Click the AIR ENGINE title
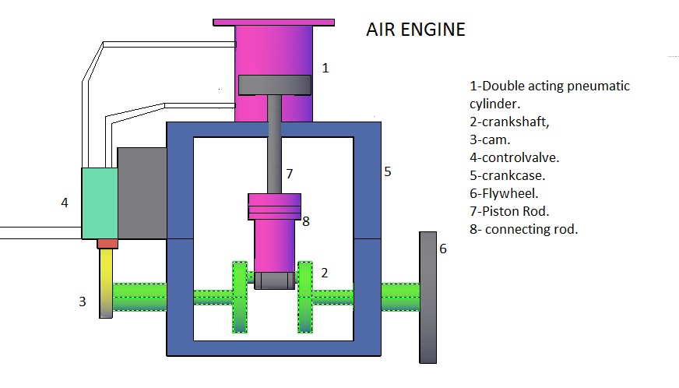point(416,30)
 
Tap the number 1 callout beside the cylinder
point(325,68)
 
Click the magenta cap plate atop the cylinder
point(273,23)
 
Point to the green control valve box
point(100,203)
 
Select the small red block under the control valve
point(107,244)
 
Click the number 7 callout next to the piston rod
point(288,172)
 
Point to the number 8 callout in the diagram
point(306,221)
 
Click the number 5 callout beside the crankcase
point(387,171)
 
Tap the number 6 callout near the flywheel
point(443,249)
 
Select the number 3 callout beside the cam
point(83,302)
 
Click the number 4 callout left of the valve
point(65,203)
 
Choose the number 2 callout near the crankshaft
point(325,273)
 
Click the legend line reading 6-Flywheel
point(504,193)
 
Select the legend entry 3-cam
point(490,139)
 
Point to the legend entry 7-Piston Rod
point(508,211)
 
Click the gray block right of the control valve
point(142,192)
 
